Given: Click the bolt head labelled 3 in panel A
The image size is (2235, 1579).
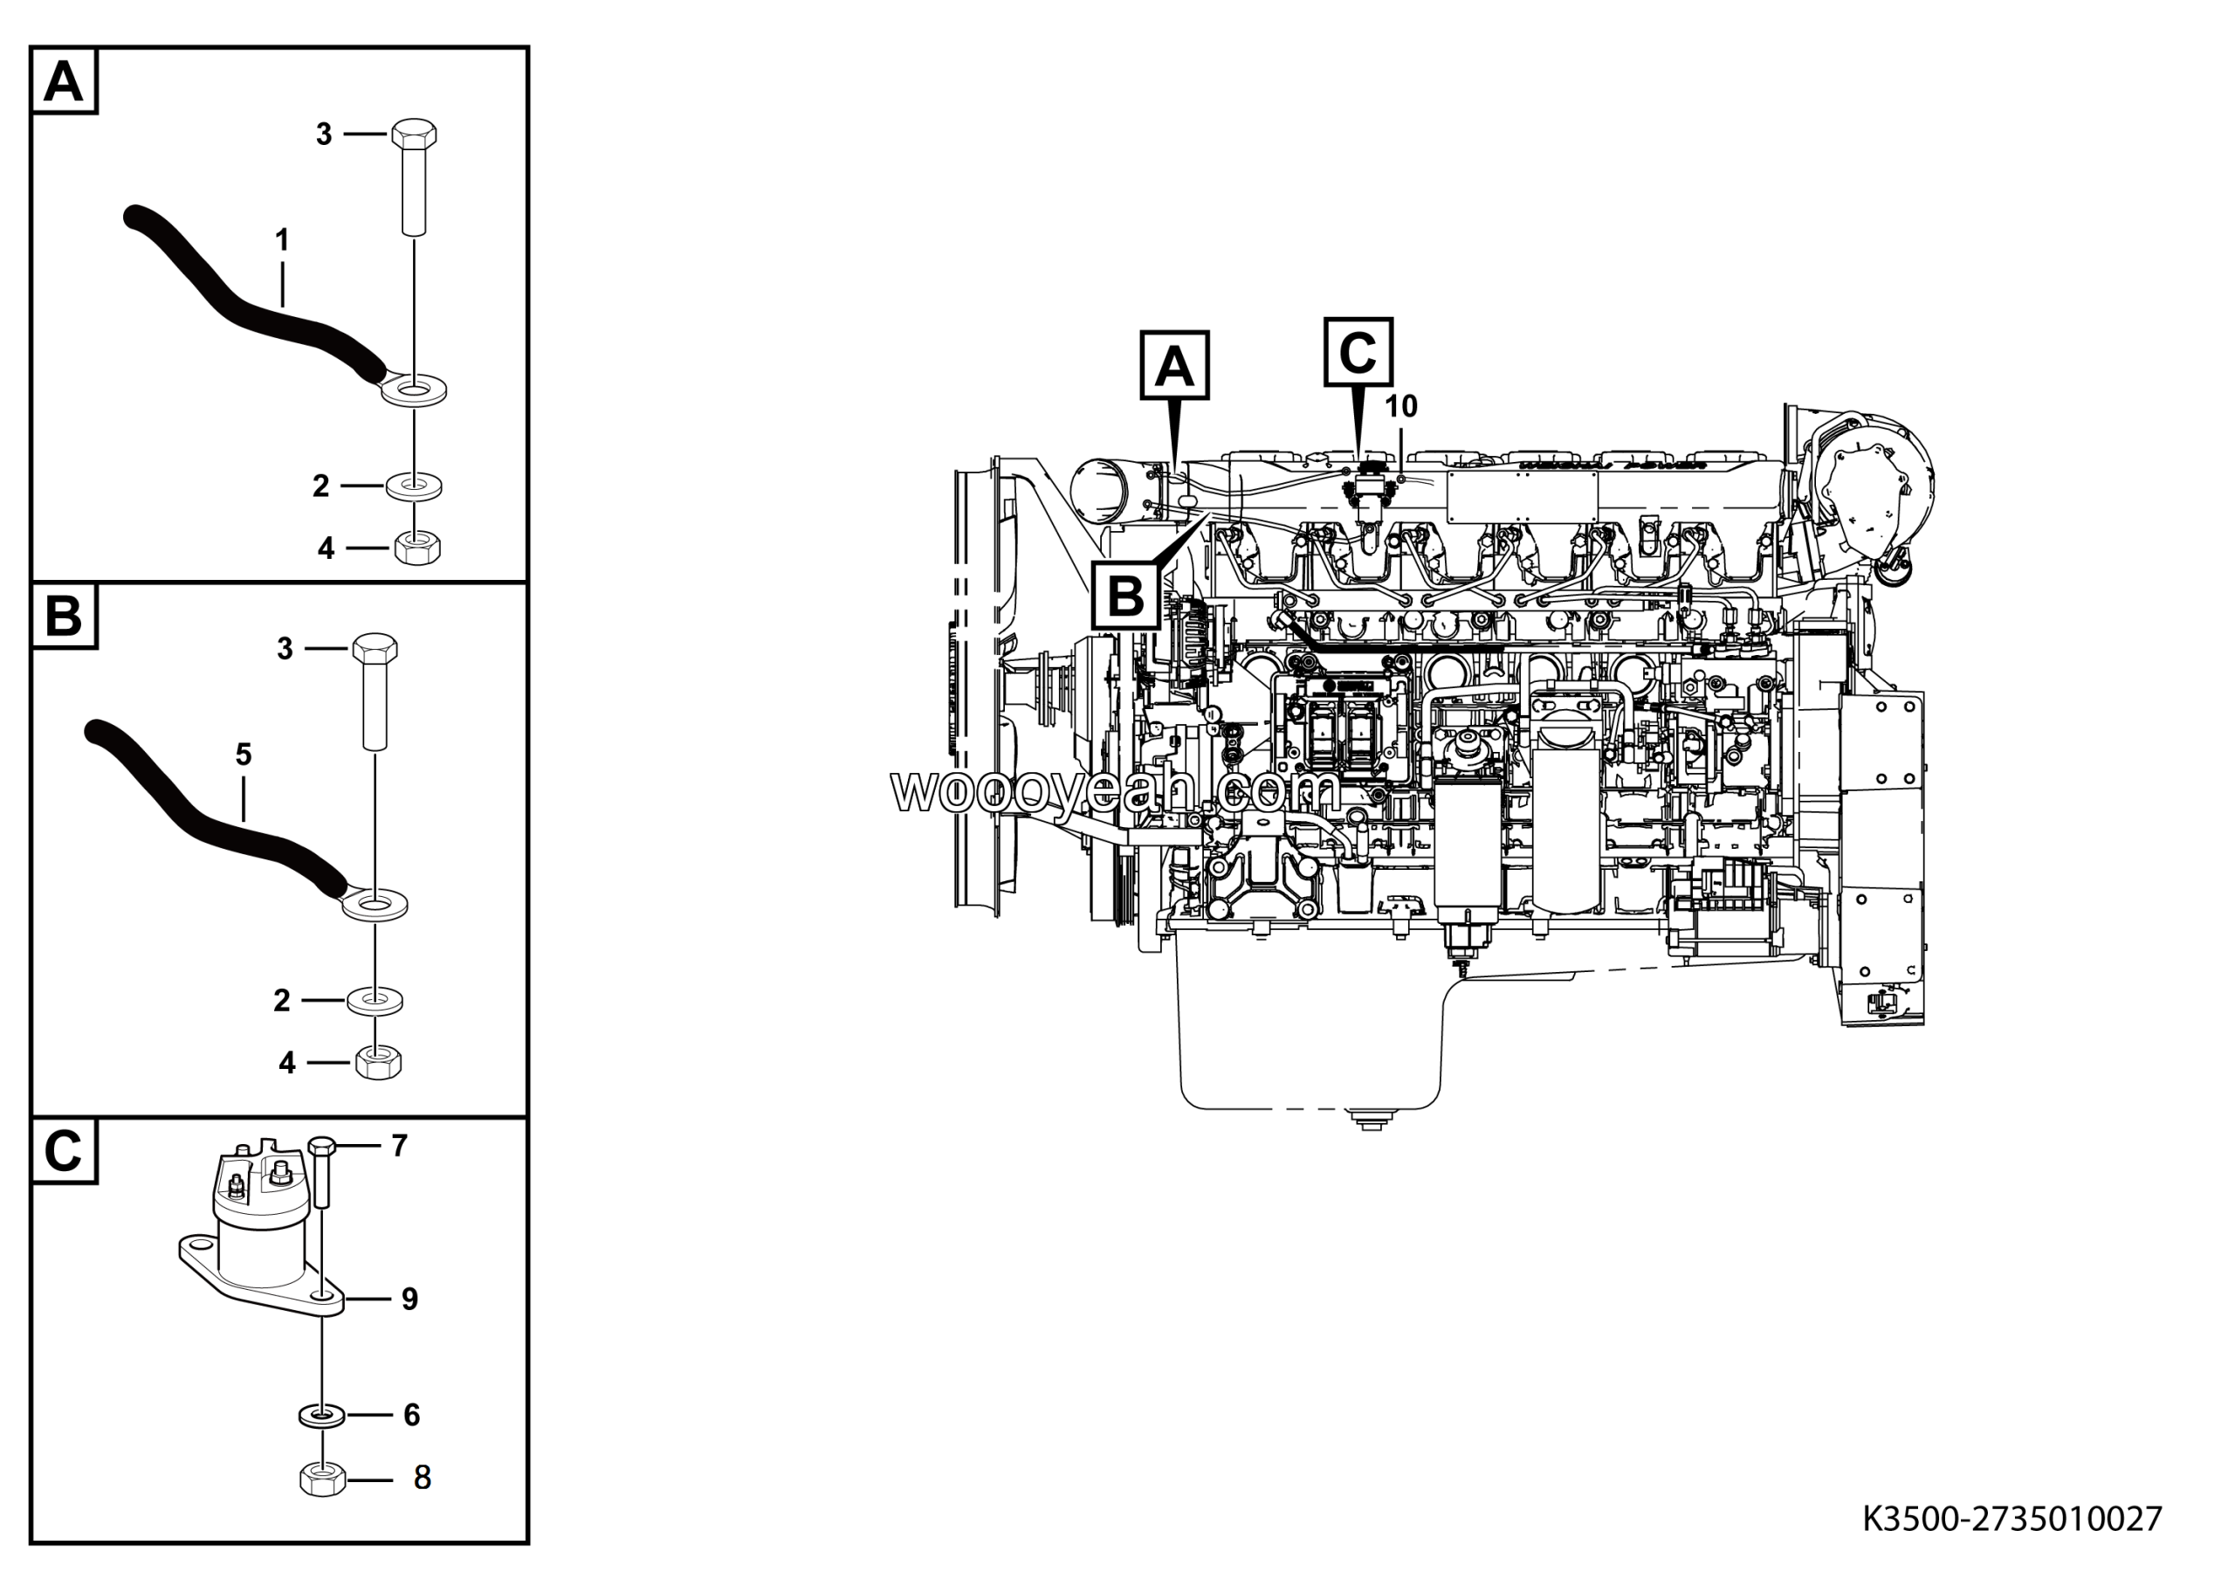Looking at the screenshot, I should click(414, 134).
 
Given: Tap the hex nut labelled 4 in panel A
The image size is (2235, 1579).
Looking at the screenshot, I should click(416, 548).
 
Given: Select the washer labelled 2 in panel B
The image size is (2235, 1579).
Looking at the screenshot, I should click(375, 1000).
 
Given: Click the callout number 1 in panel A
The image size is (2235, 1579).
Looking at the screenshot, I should click(281, 239).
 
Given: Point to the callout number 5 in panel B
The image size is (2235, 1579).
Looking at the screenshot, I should click(244, 755).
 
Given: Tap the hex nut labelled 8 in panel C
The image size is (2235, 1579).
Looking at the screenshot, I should click(322, 1479).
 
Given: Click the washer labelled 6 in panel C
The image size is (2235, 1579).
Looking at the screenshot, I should click(320, 1414).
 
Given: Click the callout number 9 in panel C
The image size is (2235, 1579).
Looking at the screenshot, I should click(409, 1300).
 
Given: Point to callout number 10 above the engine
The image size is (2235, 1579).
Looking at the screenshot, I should click(1400, 407).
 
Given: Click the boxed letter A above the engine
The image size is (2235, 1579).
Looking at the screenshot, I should click(1174, 366).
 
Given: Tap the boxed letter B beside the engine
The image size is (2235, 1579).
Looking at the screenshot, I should click(1126, 596).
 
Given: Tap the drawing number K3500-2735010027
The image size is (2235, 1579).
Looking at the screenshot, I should click(2012, 1519).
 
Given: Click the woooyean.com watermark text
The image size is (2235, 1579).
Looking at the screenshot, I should click(1115, 790).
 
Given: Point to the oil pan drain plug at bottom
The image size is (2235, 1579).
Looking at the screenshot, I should click(1369, 1120).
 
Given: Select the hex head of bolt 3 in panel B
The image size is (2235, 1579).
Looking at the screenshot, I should click(374, 648).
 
